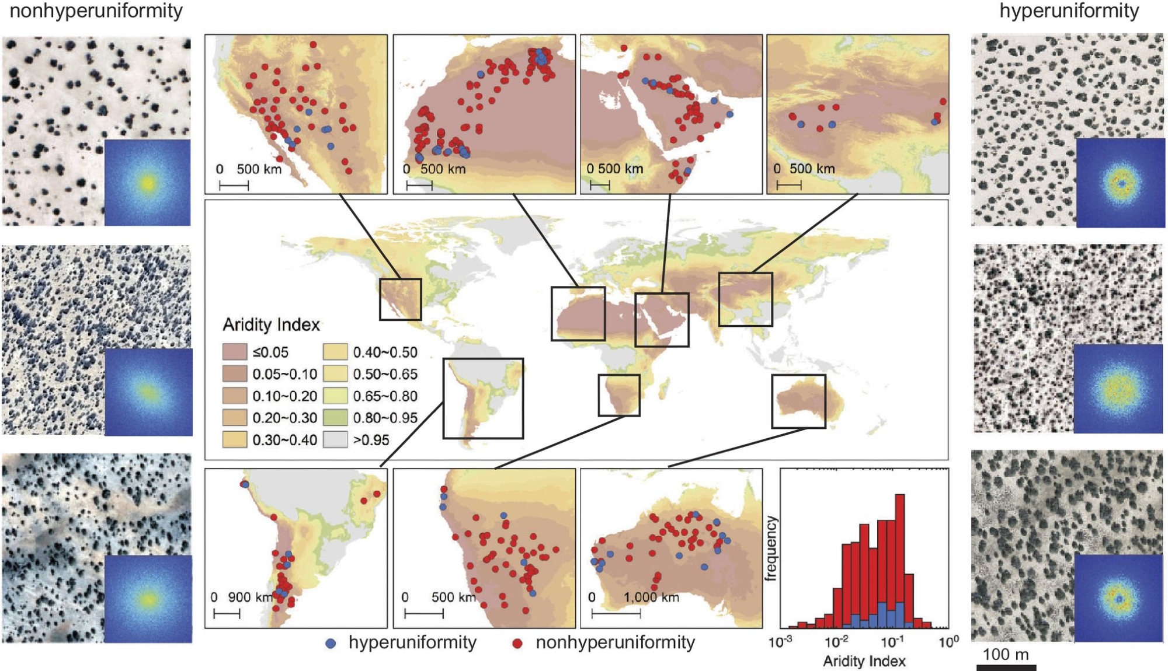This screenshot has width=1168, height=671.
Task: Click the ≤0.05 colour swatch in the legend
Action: pos(234,352)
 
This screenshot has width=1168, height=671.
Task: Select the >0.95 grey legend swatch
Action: pos(335,439)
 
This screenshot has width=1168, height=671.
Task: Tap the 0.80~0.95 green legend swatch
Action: pos(335,418)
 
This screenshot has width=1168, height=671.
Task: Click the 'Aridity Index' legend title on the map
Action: pos(271,324)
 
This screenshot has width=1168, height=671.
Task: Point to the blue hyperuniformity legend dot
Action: pos(331,644)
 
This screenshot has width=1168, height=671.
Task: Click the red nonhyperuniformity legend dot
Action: pos(517,644)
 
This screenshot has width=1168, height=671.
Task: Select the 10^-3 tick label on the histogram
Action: pos(781,642)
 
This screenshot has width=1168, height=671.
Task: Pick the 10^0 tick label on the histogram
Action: pos(948,642)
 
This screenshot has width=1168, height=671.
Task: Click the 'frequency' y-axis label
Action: pos(771,548)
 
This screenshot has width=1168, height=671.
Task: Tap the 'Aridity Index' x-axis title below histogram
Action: pos(864,661)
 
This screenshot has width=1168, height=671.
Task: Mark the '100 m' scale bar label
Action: pos(1006,655)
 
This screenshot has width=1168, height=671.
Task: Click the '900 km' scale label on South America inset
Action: pos(250,597)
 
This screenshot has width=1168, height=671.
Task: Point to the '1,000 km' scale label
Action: pos(651,597)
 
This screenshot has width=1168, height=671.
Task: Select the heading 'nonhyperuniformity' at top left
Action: pos(96,11)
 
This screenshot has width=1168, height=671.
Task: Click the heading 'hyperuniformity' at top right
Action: pos(1069,11)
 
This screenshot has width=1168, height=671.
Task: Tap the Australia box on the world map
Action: pos(798,401)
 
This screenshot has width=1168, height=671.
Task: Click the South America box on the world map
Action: pos(483,399)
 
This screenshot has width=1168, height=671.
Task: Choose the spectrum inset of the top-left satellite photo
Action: pos(147,183)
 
